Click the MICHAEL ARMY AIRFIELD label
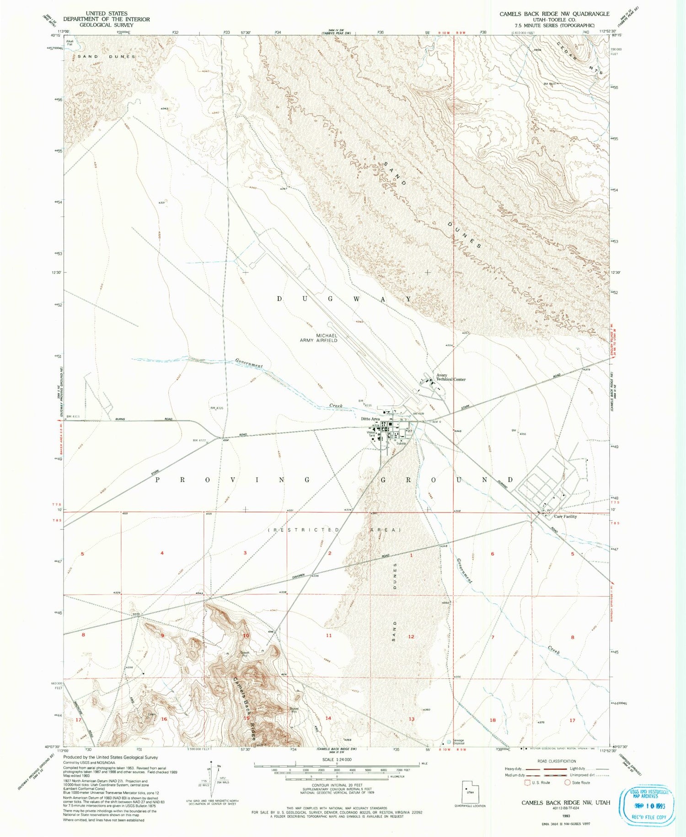pos(327,338)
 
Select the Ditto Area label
pos(370,419)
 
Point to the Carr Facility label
pos(565,516)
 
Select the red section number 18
pos(493,720)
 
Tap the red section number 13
pos(411,719)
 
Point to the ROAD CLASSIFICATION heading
pos(556,761)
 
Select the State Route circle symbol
pos(567,782)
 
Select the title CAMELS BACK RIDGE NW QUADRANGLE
pos(554,14)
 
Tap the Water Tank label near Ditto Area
pos(371,434)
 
